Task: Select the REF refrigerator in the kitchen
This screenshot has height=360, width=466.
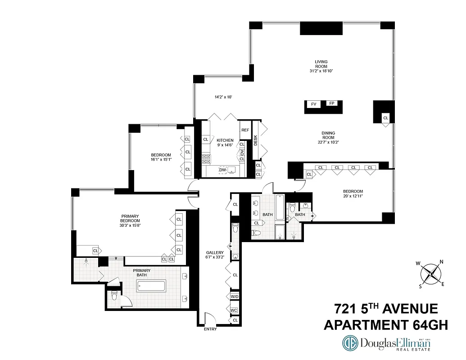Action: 245,130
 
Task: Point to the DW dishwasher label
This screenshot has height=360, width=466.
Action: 222,170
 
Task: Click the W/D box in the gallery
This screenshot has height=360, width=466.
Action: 235,297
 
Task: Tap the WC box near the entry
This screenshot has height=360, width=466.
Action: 235,310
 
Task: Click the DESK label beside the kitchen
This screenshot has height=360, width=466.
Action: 256,140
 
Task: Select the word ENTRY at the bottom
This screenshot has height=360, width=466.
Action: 210,329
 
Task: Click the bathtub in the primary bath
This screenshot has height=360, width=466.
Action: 151,286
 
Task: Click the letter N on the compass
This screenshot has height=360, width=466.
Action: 441,262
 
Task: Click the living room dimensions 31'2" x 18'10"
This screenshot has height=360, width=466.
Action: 321,71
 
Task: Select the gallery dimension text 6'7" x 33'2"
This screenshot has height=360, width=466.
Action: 215,258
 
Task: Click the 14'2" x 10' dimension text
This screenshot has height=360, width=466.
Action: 223,97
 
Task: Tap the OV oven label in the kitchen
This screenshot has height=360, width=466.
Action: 242,153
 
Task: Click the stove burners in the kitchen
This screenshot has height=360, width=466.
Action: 206,159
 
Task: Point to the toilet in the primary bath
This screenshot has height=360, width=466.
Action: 114,297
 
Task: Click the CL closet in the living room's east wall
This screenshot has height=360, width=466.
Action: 385,118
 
